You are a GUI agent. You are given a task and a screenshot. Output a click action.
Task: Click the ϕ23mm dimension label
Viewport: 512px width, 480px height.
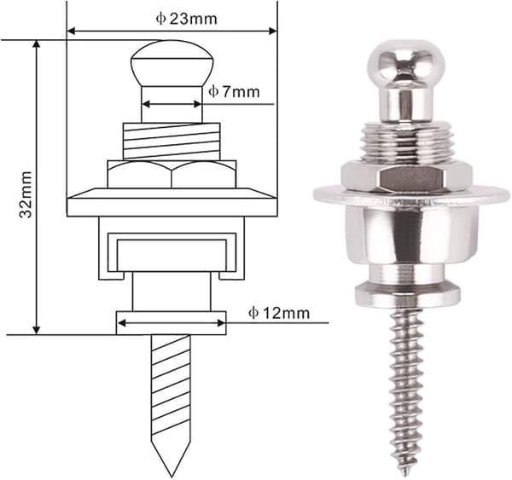tap(186, 19)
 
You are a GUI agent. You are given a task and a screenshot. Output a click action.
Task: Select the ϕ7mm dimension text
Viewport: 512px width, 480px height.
tap(234, 92)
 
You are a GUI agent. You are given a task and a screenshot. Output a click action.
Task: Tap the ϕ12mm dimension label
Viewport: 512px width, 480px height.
tap(279, 313)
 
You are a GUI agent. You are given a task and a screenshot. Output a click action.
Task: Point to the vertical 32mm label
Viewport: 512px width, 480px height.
tap(26, 194)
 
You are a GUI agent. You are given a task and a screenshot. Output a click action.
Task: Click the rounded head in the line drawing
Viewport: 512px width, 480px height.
tap(172, 64)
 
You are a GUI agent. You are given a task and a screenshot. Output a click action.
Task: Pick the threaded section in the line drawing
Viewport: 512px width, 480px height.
tap(172, 142)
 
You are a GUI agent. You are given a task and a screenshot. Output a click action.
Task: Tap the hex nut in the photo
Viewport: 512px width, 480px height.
tap(406, 177)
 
